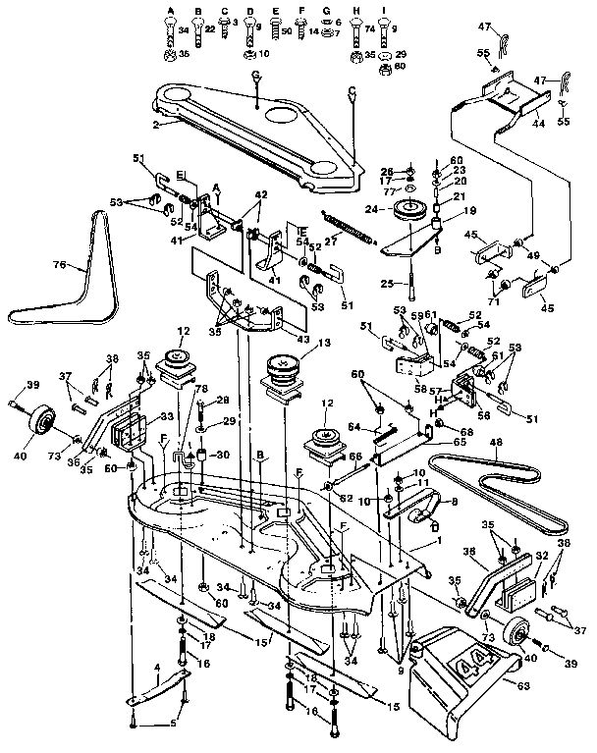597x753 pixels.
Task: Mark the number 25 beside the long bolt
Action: click(x=387, y=284)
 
